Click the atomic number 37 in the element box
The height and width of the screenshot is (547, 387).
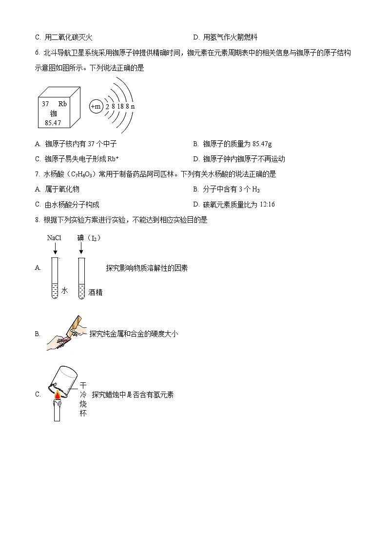45,104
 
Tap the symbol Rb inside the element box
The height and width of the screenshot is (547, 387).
62,104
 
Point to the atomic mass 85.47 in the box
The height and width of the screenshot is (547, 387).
53,123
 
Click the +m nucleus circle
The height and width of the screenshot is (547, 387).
96,106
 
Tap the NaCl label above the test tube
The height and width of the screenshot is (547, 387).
54,238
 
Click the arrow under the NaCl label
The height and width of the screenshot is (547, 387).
55,249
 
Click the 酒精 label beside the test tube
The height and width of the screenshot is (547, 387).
96,292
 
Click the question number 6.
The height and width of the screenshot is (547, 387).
37,53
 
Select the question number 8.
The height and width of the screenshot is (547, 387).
37,220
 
